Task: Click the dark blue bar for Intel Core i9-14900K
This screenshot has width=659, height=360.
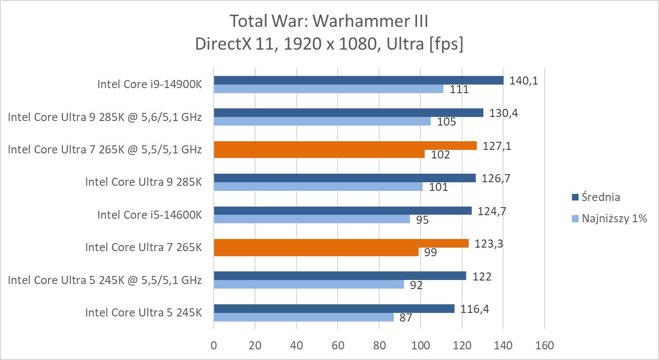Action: (358, 81)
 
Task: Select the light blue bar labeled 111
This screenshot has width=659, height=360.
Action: (328, 89)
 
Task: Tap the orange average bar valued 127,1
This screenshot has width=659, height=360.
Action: (345, 146)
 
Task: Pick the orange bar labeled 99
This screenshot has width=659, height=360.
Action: (316, 252)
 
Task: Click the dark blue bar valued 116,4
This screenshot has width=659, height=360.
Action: (334, 309)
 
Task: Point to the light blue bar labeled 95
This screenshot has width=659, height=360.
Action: (312, 219)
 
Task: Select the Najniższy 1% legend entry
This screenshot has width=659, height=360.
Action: (609, 219)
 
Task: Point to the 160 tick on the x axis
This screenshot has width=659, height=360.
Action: (544, 346)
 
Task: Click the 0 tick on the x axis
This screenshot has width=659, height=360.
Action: (214, 346)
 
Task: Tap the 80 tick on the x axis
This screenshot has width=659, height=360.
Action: (379, 346)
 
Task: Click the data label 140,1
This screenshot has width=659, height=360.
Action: (524, 81)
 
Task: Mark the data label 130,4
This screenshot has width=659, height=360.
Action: (503, 113)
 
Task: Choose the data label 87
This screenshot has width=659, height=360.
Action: (405, 318)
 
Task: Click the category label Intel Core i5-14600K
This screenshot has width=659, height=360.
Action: (149, 215)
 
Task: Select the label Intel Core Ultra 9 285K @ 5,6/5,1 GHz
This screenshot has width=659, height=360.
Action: (105, 117)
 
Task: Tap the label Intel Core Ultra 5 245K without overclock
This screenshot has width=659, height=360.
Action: (143, 312)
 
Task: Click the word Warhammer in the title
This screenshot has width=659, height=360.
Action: (357, 21)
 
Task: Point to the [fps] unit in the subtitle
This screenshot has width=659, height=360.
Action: (446, 44)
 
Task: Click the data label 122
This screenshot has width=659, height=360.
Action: (482, 276)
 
